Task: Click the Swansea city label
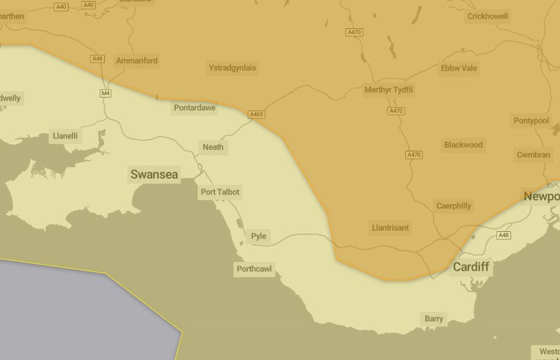tap(154, 175)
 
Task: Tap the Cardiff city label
tap(470, 267)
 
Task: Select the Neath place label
tap(213, 147)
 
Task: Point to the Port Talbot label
tap(220, 192)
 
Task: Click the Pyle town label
tap(258, 236)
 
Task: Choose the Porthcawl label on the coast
tap(254, 269)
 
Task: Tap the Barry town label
tap(434, 319)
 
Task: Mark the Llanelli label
tap(65, 136)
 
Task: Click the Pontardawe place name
tap(194, 108)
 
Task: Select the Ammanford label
tap(137, 61)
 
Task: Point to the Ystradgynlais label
tap(232, 68)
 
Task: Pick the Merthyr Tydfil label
tap(388, 90)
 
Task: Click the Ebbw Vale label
tap(459, 69)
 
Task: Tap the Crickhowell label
tap(487, 16)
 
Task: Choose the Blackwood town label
tap(463, 145)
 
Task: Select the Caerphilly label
tap(453, 206)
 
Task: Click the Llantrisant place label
tap(390, 228)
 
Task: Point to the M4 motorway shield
tap(105, 94)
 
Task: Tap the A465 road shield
tap(256, 115)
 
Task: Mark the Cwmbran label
tap(533, 155)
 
